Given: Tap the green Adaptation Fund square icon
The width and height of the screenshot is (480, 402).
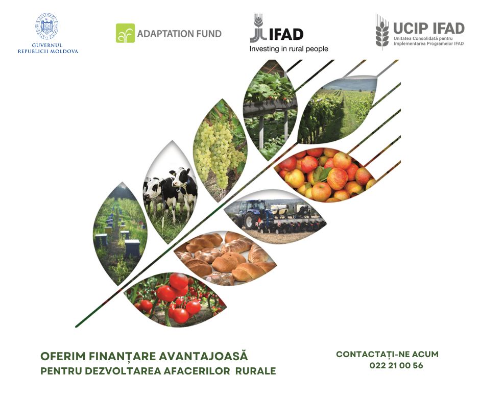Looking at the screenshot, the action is pyautogui.click(x=125, y=33).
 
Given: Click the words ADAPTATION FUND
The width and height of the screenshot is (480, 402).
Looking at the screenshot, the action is pyautogui.click(x=179, y=34).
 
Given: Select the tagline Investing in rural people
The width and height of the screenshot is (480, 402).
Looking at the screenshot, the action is pyautogui.click(x=289, y=49).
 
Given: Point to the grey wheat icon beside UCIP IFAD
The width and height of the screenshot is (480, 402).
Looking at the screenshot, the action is pyautogui.click(x=382, y=32).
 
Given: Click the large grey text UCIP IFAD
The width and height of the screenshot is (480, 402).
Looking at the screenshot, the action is pyautogui.click(x=429, y=28).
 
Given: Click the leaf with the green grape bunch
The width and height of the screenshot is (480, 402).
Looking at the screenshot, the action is pyautogui.click(x=220, y=150).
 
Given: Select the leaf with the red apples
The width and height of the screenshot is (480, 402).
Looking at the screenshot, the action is pyautogui.click(x=325, y=174).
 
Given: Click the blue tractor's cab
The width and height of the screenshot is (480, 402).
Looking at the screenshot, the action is pyautogui.click(x=252, y=208).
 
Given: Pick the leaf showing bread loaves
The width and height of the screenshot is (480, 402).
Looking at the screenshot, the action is pyautogui.click(x=225, y=258).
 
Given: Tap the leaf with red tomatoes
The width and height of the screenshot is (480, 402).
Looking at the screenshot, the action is pyautogui.click(x=175, y=299).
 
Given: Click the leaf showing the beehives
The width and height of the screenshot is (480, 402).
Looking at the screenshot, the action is pyautogui.click(x=120, y=234).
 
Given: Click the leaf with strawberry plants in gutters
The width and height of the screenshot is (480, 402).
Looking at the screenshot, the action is pyautogui.click(x=270, y=110).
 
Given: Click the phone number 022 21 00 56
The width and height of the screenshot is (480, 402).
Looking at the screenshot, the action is pyautogui.click(x=396, y=365).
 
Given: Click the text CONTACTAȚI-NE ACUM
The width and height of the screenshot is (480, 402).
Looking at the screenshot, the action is pyautogui.click(x=388, y=354).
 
